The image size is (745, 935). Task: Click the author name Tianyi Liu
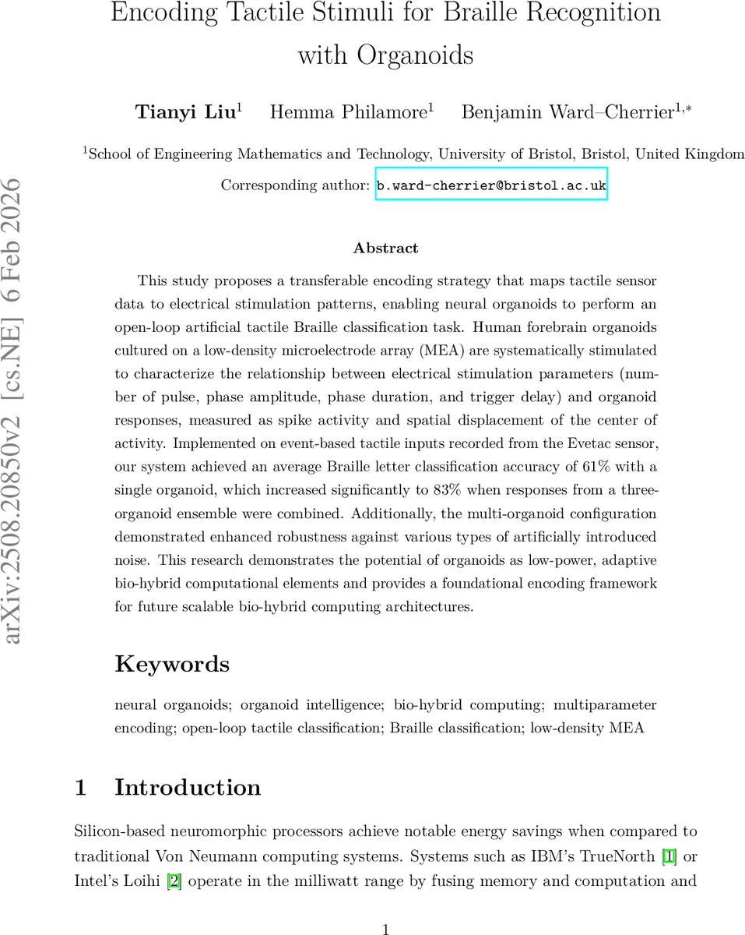click(x=185, y=112)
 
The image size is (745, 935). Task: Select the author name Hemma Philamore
click(x=348, y=112)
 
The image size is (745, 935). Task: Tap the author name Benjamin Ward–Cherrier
click(x=567, y=112)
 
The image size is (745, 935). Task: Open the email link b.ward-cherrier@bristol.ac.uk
click(x=491, y=186)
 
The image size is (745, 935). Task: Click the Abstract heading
click(x=385, y=249)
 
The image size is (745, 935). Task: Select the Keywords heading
click(x=172, y=664)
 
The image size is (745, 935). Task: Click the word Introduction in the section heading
click(x=188, y=787)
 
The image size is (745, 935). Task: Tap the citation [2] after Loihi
click(x=175, y=881)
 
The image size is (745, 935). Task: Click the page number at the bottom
click(x=385, y=928)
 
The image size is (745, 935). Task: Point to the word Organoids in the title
click(x=415, y=55)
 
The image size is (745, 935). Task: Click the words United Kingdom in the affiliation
click(x=690, y=153)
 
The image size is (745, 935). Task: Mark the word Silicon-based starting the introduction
click(x=119, y=832)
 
